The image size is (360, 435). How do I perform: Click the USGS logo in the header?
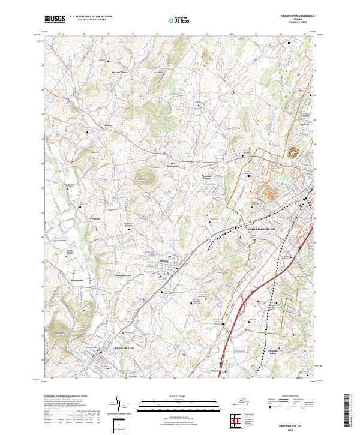pos(55,19)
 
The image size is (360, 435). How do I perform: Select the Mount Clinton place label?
pos(120,73)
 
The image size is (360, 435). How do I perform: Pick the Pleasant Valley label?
pos(271,353)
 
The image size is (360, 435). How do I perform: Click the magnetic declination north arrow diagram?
pos(119,406)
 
